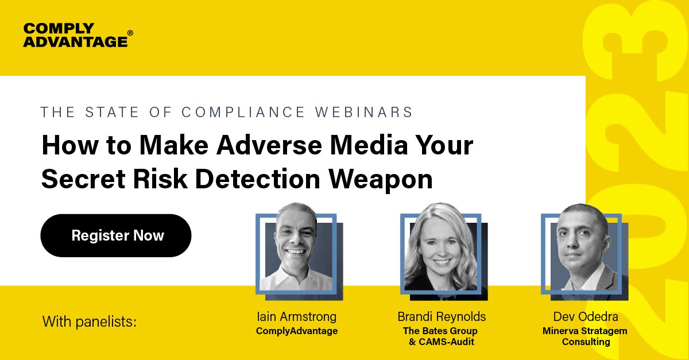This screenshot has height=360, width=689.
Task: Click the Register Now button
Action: (115, 235)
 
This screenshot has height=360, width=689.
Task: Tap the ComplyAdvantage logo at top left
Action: (75, 35)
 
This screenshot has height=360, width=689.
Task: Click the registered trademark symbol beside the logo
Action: (130, 33)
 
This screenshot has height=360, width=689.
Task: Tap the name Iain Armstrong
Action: (296, 316)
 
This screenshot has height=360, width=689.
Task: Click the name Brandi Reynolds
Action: (441, 316)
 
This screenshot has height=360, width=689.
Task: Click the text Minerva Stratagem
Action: (585, 331)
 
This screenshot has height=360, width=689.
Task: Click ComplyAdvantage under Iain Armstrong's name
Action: (296, 331)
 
